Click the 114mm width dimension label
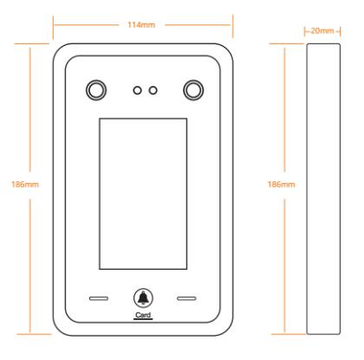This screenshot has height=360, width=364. point(141,25)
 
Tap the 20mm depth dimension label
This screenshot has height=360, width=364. point(322,30)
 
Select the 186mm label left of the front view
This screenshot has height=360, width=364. point(25,184)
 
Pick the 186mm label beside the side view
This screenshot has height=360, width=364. point(281,184)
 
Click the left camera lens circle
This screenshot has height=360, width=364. point(96,90)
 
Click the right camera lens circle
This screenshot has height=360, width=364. point(193,90)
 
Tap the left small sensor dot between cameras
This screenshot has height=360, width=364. point(137,90)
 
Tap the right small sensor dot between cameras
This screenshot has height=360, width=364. point(153,90)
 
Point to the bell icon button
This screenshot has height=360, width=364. point(143,298)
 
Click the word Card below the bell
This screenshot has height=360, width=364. point(143,315)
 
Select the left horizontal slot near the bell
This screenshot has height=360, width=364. point(99,298)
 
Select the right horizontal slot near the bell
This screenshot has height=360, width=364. point(186,298)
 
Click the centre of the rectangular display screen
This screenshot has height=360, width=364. point(143,193)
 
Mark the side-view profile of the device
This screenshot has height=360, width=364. point(323,189)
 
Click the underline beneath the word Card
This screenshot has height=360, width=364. point(143,319)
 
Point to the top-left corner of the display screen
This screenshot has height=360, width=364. point(100,118)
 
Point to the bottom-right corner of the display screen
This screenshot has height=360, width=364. point(187,269)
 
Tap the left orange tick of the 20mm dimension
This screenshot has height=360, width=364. point(305,31)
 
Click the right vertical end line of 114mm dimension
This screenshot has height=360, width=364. point(232,26)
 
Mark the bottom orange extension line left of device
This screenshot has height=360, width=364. point(34,334)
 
